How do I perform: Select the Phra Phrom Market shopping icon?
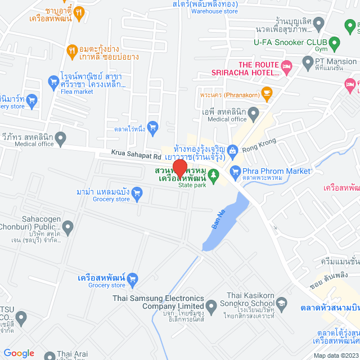(236, 172)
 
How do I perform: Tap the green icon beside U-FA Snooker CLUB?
(335, 43)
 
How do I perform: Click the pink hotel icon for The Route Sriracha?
(286, 67)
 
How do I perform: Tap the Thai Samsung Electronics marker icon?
(211, 307)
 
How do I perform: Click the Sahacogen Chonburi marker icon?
(68, 228)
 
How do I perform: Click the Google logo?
(19, 353)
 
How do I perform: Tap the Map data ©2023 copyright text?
(335, 355)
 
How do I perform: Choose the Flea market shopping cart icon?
(53, 83)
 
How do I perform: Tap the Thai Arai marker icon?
(48, 355)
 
